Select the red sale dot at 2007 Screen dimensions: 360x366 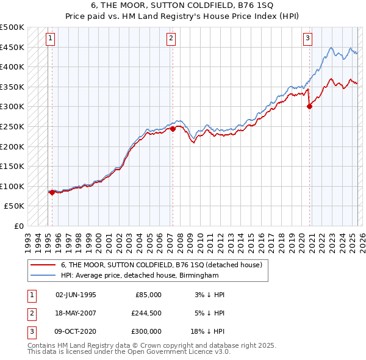(x=173, y=129)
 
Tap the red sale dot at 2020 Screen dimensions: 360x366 (x=310, y=106)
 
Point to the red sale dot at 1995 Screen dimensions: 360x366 (x=52, y=192)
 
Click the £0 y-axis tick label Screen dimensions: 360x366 (x=18, y=226)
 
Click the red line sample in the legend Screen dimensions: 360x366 (x=43, y=265)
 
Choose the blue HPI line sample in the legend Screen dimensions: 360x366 (x=43, y=275)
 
